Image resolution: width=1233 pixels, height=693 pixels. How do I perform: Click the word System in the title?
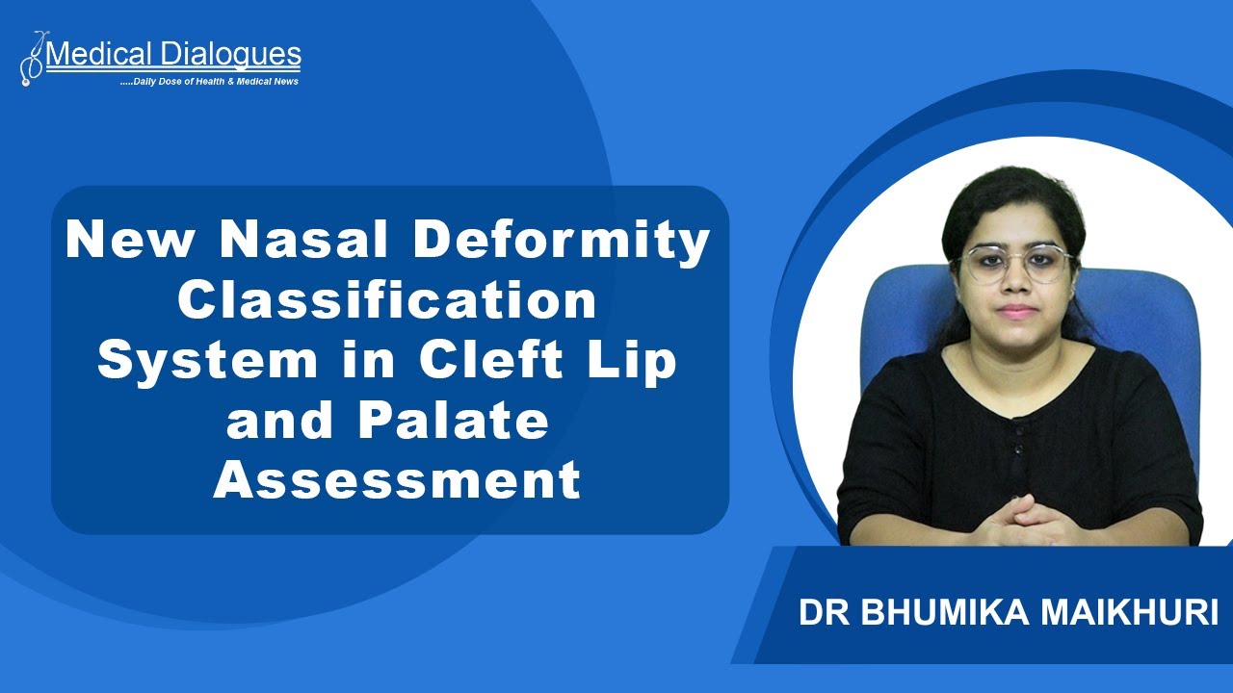[x=207, y=361]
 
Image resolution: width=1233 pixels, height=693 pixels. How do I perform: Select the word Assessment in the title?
[x=397, y=480]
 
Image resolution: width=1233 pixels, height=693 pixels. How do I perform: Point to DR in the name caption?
[x=818, y=613]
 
